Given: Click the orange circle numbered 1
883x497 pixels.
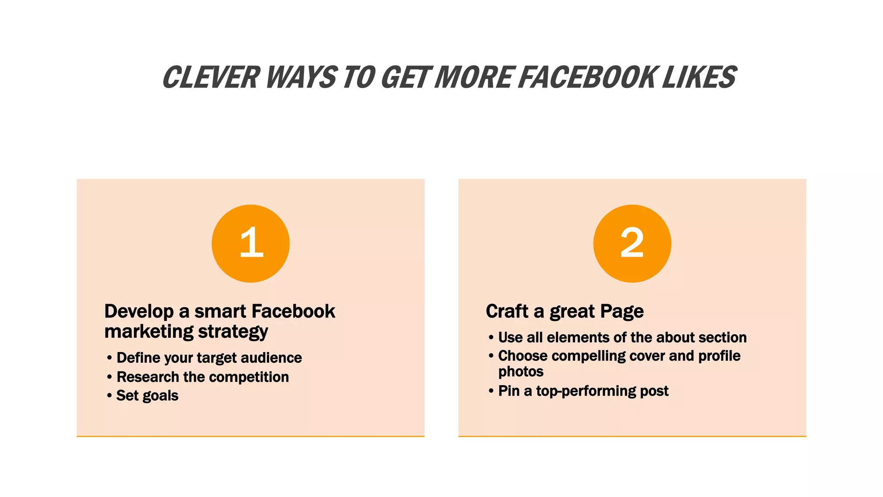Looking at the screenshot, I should (250, 244).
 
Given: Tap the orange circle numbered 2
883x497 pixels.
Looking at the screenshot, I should (632, 244).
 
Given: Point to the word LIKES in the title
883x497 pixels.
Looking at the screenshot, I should (699, 78).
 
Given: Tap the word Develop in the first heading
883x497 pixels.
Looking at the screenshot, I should (139, 311).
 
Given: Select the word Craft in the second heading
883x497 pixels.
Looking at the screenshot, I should (507, 311).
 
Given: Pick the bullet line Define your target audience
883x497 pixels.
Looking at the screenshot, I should (209, 358).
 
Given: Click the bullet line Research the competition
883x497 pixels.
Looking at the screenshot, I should (203, 377).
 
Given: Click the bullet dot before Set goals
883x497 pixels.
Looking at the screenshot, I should (110, 396).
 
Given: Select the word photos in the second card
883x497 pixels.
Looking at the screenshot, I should (521, 372).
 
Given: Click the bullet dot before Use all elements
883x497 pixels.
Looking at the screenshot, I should (491, 337).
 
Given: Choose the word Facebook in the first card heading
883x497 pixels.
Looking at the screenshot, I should (293, 311).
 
